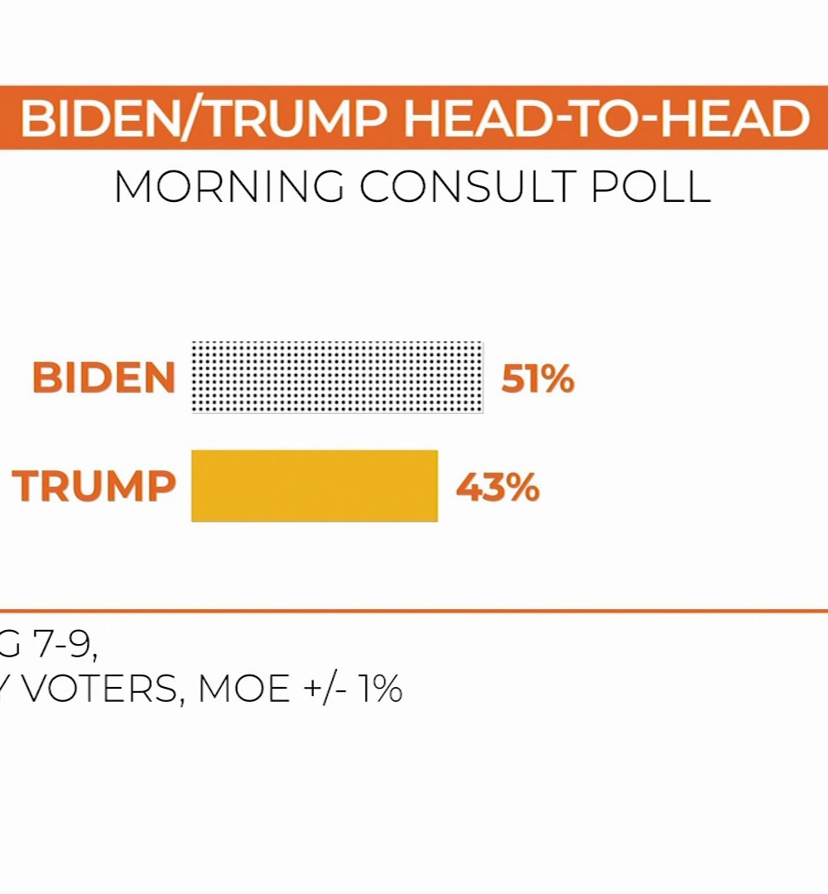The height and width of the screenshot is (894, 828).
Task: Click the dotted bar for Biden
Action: pyautogui.click(x=337, y=377)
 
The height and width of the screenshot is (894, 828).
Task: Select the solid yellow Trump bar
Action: pyautogui.click(x=315, y=486)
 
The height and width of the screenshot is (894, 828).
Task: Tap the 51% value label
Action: pyautogui.click(x=537, y=379)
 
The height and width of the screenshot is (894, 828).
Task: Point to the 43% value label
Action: pyautogui.click(x=498, y=488)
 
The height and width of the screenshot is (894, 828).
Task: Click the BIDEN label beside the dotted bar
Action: pyautogui.click(x=104, y=378)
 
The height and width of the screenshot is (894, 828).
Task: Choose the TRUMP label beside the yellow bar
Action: pyautogui.click(x=94, y=486)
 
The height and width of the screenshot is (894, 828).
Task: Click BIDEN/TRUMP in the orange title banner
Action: pyautogui.click(x=207, y=119)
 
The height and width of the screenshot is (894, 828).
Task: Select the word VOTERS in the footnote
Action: pyautogui.click(x=99, y=689)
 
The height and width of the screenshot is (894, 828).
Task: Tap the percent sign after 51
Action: pyautogui.click(x=557, y=380)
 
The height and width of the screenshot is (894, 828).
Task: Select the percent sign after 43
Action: pyautogui.click(x=522, y=488)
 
